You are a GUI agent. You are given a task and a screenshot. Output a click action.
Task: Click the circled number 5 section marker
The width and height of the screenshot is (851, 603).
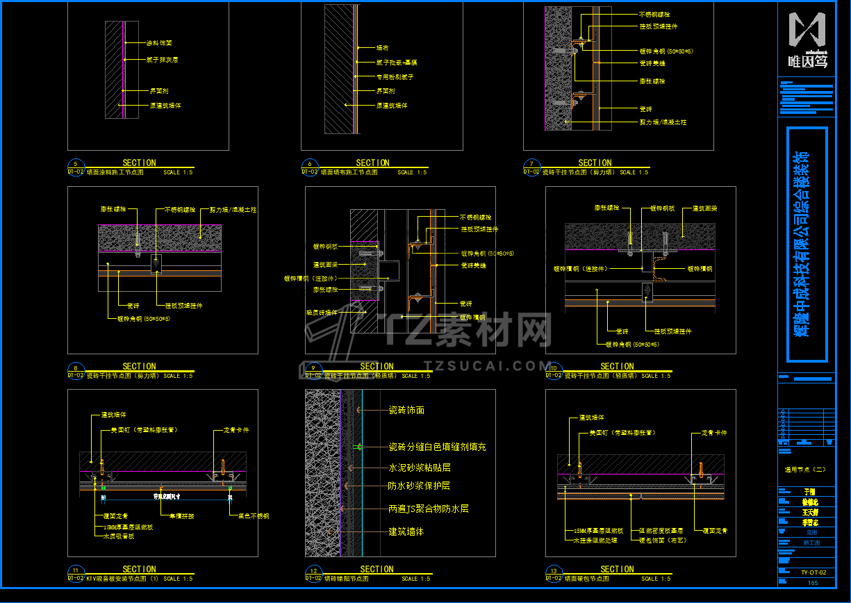click(x=75, y=164)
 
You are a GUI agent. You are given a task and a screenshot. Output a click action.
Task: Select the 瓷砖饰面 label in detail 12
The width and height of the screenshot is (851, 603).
click(x=406, y=411)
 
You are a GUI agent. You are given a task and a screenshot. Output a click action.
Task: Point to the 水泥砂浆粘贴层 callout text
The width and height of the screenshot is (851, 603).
click(x=419, y=468)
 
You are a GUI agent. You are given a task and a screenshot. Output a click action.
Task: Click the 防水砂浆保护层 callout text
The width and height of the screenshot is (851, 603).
click(x=419, y=486)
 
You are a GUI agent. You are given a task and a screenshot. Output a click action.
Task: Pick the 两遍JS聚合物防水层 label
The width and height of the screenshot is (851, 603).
click(x=428, y=509)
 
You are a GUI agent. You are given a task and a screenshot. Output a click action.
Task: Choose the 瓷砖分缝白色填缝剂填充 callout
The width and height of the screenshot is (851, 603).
click(x=437, y=447)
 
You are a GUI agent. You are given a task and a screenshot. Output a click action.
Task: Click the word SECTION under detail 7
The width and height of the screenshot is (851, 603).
click(x=595, y=163)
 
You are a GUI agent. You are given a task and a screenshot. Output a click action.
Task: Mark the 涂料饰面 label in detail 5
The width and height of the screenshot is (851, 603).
click(x=159, y=43)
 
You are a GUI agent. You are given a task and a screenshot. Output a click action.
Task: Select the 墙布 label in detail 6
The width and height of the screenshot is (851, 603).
click(x=382, y=48)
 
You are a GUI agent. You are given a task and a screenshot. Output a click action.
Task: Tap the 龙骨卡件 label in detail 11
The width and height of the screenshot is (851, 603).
click(x=236, y=430)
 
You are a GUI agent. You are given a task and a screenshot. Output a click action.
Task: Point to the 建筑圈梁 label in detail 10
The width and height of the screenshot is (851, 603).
click(x=704, y=208)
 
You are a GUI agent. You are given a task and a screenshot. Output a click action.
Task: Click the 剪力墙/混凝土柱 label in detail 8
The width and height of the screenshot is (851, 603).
click(x=233, y=209)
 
